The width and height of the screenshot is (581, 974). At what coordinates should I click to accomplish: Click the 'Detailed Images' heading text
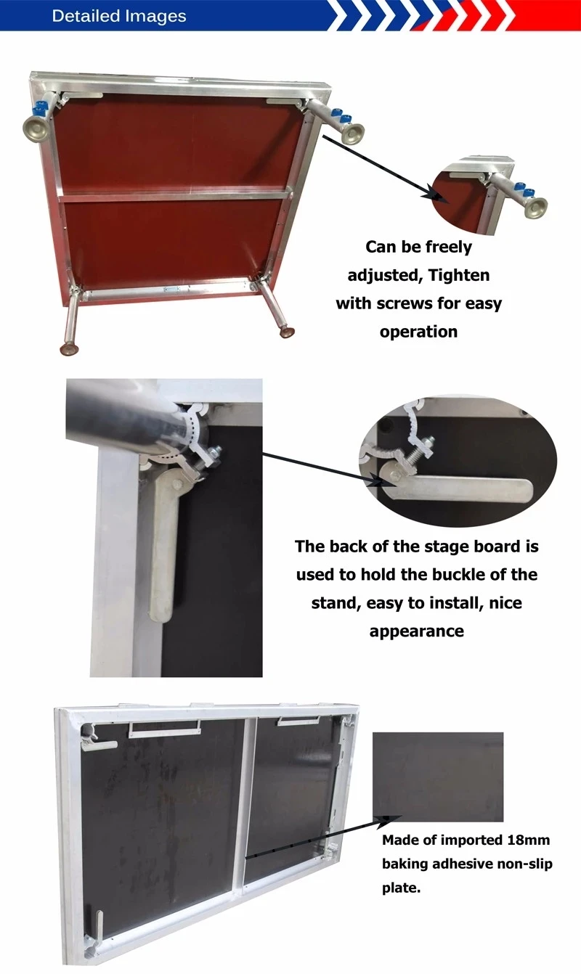pyautogui.click(x=119, y=16)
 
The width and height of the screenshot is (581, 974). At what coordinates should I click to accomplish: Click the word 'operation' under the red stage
pyautogui.click(x=418, y=332)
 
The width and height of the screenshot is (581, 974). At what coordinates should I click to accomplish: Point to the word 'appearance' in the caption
pyautogui.click(x=416, y=631)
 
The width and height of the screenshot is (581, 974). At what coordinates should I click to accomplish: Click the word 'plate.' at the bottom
pyautogui.click(x=402, y=888)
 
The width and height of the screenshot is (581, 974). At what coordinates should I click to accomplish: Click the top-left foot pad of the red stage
pyautogui.click(x=36, y=128)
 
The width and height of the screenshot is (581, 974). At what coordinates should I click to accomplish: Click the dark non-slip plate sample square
pyautogui.click(x=438, y=777)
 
